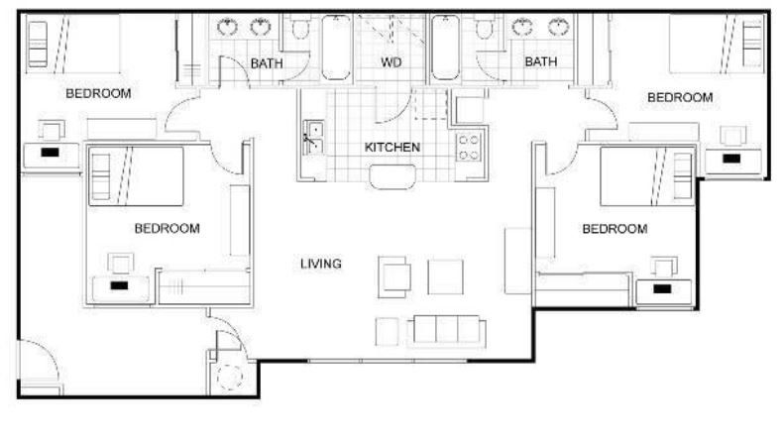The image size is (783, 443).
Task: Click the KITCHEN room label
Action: pyautogui.click(x=392, y=148)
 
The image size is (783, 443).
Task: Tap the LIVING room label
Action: pyautogui.click(x=320, y=264)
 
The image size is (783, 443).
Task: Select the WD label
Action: pyautogui.click(x=391, y=62)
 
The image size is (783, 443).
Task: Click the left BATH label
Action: pyautogui.click(x=267, y=63)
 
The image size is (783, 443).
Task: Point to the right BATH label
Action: pyautogui.click(x=541, y=61)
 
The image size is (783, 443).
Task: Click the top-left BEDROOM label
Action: pyautogui.click(x=98, y=93)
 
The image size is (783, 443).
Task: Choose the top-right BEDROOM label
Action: pyautogui.click(x=680, y=97)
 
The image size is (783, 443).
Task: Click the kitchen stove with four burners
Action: pyautogui.click(x=470, y=148)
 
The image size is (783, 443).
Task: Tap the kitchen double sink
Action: pyautogui.click(x=313, y=138)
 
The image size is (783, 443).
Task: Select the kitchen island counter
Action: pyautogui.click(x=392, y=177)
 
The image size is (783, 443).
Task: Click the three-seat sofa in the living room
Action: pyautogui.click(x=446, y=331)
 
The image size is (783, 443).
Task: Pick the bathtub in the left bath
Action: pyautogui.click(x=336, y=48)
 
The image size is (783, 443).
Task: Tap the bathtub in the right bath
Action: pyautogui.click(x=445, y=48)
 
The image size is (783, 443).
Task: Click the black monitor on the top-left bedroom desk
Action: pyautogui.click(x=50, y=153)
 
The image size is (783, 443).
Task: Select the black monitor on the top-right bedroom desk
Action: pyautogui.click(x=731, y=159)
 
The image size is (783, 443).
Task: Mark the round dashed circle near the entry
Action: pyautogui.click(x=230, y=377)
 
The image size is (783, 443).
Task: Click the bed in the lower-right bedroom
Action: pyautogui.click(x=646, y=175)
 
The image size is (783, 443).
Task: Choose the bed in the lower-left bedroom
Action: pyautogui.click(x=136, y=175)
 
